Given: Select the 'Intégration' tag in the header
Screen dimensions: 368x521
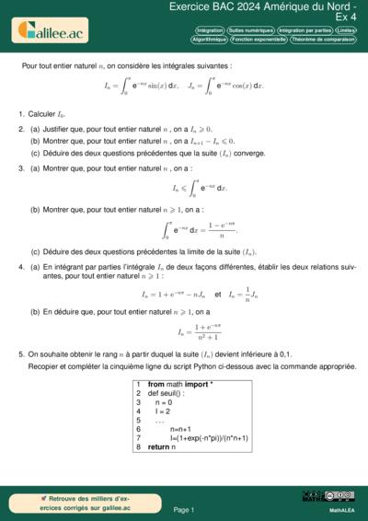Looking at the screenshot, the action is click(x=210, y=30).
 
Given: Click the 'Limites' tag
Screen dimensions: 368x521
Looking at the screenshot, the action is click(x=348, y=30).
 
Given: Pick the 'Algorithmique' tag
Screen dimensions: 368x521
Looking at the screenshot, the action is click(x=209, y=40).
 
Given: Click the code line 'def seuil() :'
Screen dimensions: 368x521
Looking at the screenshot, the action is click(x=167, y=393).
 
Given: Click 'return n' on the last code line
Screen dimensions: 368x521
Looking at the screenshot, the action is click(x=160, y=446).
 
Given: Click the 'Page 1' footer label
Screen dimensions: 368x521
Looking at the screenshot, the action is click(x=184, y=509).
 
